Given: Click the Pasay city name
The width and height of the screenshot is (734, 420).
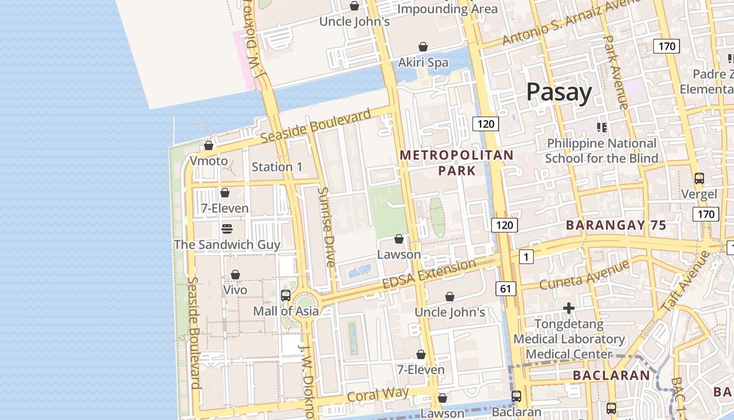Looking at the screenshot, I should point(559,92).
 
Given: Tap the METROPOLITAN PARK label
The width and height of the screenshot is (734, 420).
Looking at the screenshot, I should point(457,163).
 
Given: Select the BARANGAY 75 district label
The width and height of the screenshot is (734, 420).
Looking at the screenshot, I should point(616,226).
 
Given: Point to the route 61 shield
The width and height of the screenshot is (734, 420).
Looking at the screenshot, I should point(505,288).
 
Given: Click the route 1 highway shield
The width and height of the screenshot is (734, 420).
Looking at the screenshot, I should point(526,257).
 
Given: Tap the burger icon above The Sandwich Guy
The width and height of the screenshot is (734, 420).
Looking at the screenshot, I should point(227,229).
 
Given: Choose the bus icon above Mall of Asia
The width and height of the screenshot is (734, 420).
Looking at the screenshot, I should point(286,295).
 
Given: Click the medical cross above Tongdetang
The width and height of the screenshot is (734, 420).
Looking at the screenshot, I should point(569,308).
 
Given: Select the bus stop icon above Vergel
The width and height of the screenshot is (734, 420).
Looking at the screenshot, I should point(699,178).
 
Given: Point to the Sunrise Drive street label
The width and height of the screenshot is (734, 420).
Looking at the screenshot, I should point(327,227).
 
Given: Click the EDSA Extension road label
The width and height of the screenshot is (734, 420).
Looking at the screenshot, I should point(429,274).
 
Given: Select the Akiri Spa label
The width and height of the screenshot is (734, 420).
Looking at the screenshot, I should point(423,62).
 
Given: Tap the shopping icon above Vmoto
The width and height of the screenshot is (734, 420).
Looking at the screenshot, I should point(209,145).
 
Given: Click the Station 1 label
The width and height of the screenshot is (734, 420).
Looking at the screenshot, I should point(277,167).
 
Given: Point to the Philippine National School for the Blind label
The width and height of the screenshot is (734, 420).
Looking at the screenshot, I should point(601,151).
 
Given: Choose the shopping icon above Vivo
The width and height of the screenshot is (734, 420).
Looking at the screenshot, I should point(235,275).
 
